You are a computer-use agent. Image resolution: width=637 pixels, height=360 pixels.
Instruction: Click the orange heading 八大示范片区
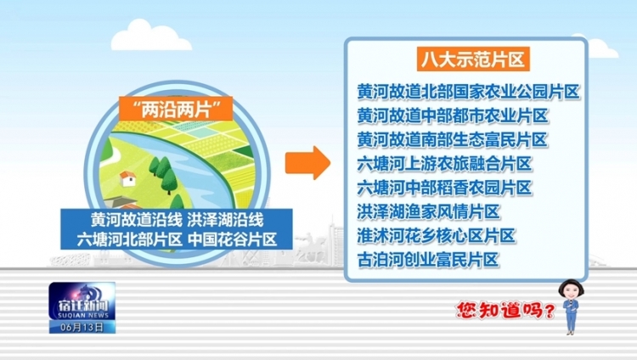(x=473, y=59)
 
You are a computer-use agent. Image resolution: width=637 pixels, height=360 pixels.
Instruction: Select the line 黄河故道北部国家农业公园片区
(x=468, y=92)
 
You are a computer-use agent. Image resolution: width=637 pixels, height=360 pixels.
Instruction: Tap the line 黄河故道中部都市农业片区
(x=453, y=115)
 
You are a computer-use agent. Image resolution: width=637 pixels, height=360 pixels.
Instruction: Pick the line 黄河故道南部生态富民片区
(x=453, y=140)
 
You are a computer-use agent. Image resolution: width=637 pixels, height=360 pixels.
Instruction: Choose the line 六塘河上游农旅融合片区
(x=444, y=164)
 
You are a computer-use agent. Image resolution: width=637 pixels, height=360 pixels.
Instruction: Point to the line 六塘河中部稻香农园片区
(x=444, y=188)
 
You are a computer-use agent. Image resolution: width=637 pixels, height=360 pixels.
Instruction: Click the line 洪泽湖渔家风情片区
(x=429, y=211)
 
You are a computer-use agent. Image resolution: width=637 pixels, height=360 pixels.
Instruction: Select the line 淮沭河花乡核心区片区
(x=437, y=236)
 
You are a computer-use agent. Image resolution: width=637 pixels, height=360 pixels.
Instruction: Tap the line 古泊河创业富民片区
(x=428, y=260)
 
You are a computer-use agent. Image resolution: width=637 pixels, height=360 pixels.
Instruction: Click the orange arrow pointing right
(x=307, y=162)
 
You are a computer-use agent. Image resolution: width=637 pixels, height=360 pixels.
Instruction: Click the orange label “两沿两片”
(x=176, y=109)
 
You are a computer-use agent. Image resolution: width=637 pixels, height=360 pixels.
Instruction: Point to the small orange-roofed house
(x=128, y=178)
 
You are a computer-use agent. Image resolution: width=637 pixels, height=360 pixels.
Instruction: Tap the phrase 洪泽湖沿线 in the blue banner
(x=225, y=220)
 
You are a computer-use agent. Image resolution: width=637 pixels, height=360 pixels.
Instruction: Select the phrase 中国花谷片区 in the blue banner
(x=233, y=239)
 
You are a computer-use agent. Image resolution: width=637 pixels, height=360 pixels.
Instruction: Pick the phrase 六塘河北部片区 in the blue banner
(x=130, y=239)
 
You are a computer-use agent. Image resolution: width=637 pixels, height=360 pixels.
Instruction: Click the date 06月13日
(x=82, y=327)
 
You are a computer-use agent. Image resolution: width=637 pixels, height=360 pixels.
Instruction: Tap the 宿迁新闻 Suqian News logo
(x=82, y=301)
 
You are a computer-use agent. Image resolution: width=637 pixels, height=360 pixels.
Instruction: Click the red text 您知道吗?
(x=505, y=310)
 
